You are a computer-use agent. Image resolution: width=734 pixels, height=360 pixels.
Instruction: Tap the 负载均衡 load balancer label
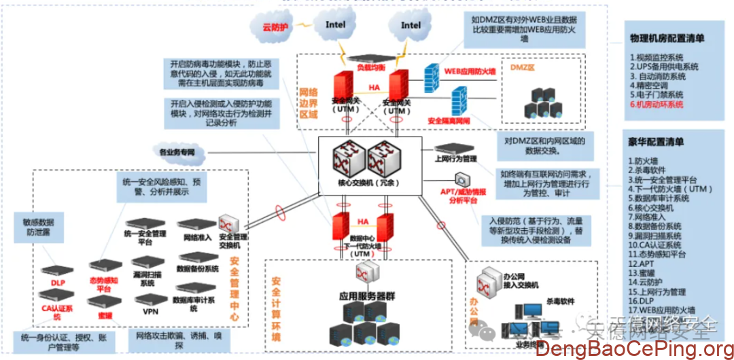click(371, 68)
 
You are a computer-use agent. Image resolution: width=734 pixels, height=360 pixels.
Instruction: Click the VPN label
click(150, 312)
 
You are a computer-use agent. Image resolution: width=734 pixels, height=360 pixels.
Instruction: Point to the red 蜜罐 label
click(105, 316)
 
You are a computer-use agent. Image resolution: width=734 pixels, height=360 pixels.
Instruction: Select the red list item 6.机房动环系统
click(656, 105)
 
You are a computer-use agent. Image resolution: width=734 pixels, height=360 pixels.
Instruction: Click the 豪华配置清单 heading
click(656, 142)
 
